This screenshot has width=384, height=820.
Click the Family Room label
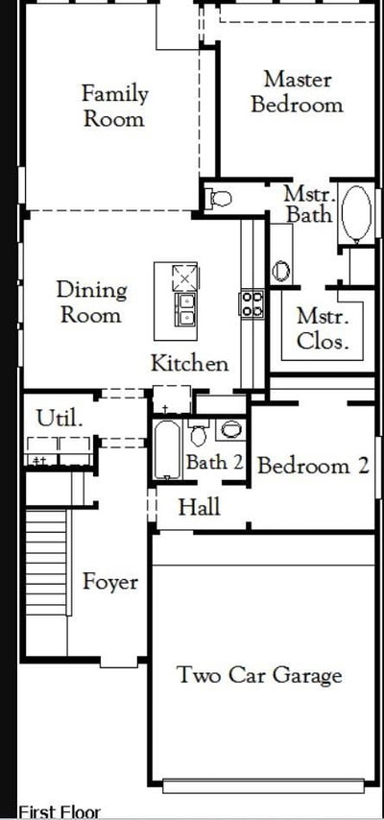tap(114, 107)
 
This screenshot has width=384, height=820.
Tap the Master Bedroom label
tap(298, 92)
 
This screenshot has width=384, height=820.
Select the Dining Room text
tap(91, 302)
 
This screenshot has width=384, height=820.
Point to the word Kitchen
tap(189, 363)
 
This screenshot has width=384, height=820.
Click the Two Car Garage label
tap(260, 675)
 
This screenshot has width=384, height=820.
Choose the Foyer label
tap(110, 583)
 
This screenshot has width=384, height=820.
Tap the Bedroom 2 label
tap(313, 466)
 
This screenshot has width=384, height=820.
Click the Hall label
tap(199, 507)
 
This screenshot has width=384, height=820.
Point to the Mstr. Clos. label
tap(323, 328)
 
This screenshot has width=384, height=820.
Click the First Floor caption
tap(60, 812)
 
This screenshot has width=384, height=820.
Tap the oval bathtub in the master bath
tap(356, 212)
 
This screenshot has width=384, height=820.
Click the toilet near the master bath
tap(220, 198)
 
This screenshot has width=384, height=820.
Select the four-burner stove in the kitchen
tap(252, 303)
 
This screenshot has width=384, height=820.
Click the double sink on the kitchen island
tap(185, 309)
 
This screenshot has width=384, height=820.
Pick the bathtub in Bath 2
tap(167, 449)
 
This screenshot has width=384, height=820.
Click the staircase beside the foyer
tap(47, 562)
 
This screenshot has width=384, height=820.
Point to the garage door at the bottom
tap(264, 786)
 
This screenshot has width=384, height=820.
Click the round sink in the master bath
tap(281, 271)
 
